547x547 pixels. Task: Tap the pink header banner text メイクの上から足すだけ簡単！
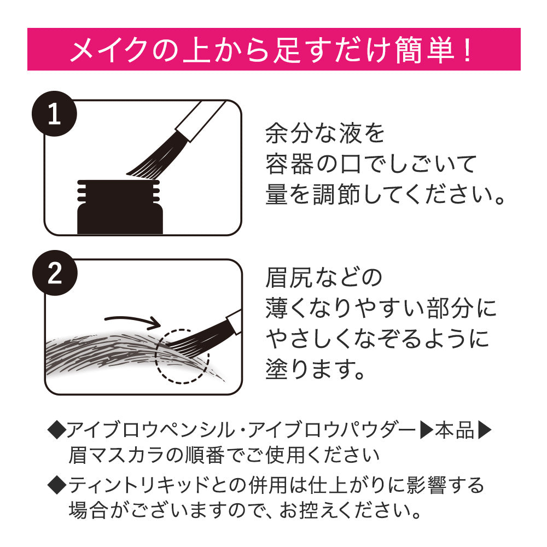pos(273,50)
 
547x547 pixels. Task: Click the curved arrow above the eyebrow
pos(131,319)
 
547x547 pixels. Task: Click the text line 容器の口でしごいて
pos(371,164)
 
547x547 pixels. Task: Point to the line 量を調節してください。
pos(385,195)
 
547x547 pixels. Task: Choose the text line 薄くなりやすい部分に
pos(381,309)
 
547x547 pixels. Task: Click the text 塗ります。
pos(316,370)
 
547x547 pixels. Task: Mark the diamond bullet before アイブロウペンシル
pos(56,431)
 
